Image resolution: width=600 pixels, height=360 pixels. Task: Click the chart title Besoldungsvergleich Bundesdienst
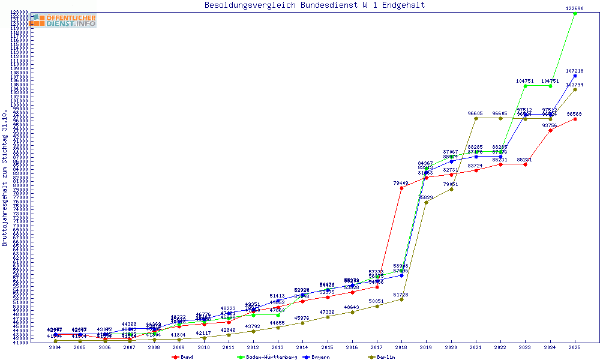pos(314,5)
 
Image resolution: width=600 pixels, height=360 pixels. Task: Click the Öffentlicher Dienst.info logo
pos(64,21)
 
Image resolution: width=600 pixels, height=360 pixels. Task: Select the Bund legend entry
pos(182,357)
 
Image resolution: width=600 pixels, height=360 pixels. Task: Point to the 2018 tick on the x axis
pos(401,347)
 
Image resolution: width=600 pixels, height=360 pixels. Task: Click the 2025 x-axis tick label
pos(575,347)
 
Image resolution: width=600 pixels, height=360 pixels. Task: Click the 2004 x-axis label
pos(55,347)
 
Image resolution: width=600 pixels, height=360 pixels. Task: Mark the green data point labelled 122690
pos(575,13)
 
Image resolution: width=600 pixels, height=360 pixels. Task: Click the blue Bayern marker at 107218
pos(575,76)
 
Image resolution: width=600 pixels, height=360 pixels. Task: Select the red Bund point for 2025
pos(575,119)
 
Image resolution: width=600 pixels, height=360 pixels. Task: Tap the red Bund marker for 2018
pos(401,188)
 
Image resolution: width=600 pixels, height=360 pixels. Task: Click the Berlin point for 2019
pos(426,202)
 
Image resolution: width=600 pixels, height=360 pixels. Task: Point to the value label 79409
pos(401,183)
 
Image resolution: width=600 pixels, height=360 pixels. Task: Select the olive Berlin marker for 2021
pos(476,118)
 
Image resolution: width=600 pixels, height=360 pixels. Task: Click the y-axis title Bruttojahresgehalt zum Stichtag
pos(5,178)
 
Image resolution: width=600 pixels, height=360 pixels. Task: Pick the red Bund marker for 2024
pos(550,130)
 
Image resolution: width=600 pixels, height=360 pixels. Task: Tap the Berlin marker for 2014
pos(302,323)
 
